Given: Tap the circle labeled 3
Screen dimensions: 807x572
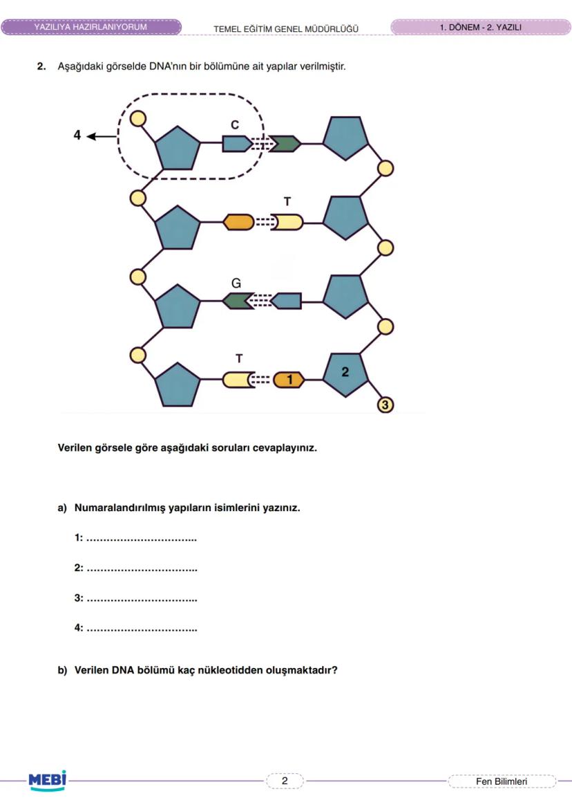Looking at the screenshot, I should coord(385,405).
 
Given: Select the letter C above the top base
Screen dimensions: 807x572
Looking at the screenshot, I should coord(235,125).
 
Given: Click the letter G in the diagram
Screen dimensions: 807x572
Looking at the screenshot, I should coord(236,284).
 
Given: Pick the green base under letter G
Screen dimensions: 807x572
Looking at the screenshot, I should coord(236,301).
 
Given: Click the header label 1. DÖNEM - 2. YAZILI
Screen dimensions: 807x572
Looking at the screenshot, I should coord(480,27).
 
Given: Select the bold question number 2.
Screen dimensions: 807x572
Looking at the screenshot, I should coord(41,67).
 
